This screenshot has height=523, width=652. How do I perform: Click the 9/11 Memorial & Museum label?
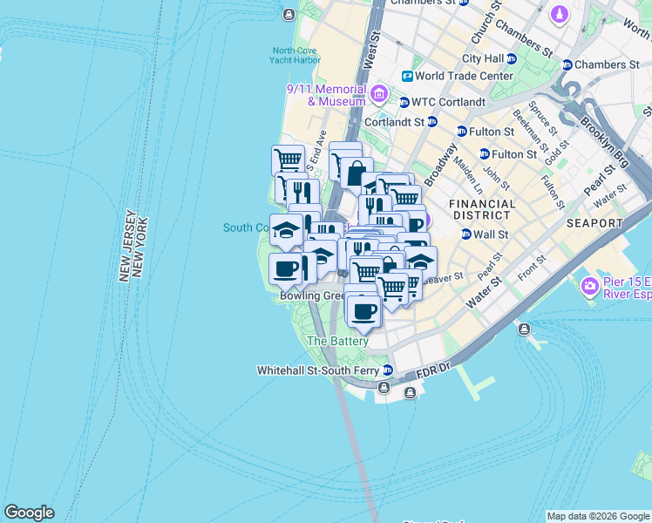[327, 95]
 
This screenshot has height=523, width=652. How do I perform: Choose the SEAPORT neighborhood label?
[594, 223]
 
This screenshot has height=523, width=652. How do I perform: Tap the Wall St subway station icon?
[465, 234]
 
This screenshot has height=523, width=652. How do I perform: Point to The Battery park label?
[337, 342]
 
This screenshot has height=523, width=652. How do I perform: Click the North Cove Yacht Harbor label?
[295, 56]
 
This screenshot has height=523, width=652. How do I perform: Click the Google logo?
[29, 513]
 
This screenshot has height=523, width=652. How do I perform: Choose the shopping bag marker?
[356, 173]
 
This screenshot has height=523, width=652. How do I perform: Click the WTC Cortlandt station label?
[447, 102]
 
